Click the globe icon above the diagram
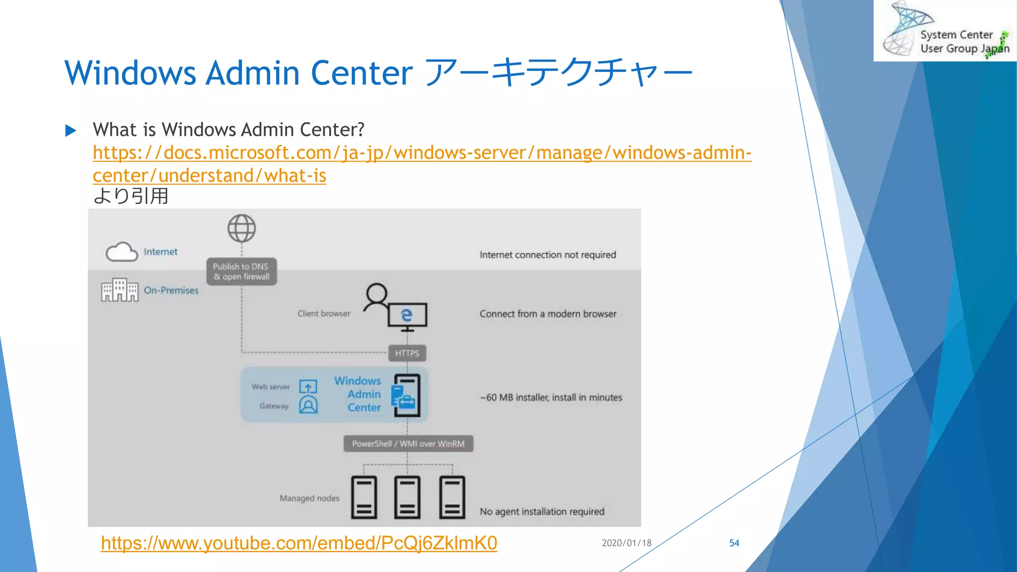point(241,228)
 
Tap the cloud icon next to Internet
point(122,252)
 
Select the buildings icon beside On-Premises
point(120,290)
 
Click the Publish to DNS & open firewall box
point(241,272)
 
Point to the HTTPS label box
point(407,353)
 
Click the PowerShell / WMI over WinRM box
point(408,443)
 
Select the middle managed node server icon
point(407,497)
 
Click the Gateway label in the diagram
point(274,406)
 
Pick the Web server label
point(270,387)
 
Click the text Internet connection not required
point(547,255)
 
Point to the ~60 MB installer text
point(551,397)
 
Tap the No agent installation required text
point(542,511)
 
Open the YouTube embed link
point(299,543)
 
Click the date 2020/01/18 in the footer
point(626,543)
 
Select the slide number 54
point(734,543)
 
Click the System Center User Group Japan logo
point(944,31)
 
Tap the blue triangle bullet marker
point(71,131)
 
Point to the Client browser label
point(324,314)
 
